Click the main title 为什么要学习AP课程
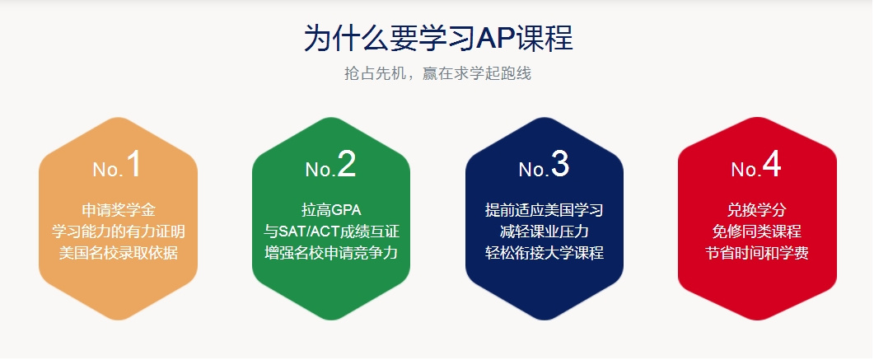[437, 38]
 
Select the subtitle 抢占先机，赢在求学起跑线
[437, 73]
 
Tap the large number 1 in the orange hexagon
[133, 165]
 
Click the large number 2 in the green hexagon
[347, 165]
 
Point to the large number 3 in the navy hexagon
[560, 165]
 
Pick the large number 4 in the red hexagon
[772, 165]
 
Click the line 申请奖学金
[118, 209]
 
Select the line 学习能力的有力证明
[118, 231]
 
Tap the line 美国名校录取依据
[118, 252]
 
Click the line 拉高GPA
[331, 209]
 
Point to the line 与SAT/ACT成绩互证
[331, 231]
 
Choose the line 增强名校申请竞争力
[331, 252]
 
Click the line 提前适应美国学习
[544, 209]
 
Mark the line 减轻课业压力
[544, 231]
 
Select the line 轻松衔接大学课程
[544, 252]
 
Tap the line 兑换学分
[756, 209]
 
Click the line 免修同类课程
[756, 231]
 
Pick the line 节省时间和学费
[756, 252]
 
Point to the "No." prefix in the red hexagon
[745, 170]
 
